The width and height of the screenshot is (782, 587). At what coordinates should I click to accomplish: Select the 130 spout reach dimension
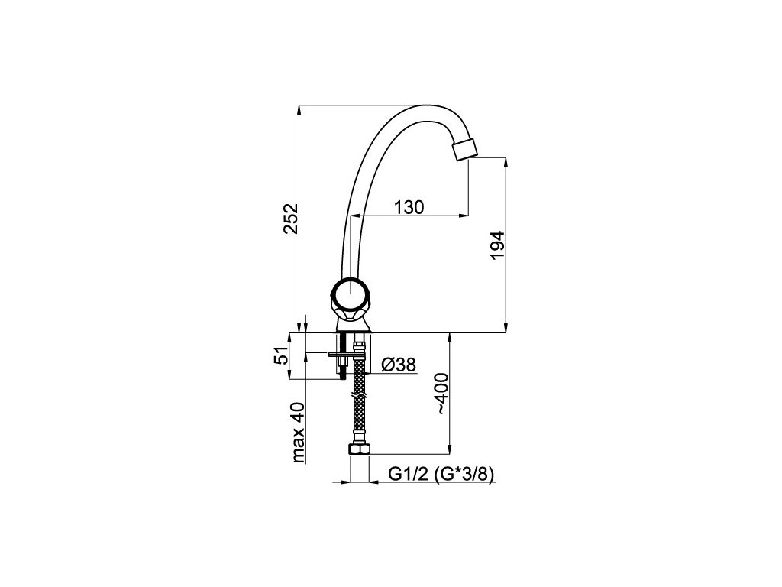(x=409, y=206)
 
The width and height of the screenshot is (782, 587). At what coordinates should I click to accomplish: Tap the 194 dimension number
(x=497, y=245)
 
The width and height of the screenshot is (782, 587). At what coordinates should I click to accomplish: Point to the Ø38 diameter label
(x=399, y=365)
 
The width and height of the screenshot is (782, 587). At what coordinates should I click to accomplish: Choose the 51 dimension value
(x=282, y=355)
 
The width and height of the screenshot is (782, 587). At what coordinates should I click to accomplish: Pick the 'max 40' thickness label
(x=299, y=433)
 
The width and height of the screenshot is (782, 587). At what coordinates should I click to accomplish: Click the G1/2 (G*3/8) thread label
(x=441, y=474)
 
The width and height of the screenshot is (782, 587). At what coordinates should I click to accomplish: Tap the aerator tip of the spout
(x=464, y=150)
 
